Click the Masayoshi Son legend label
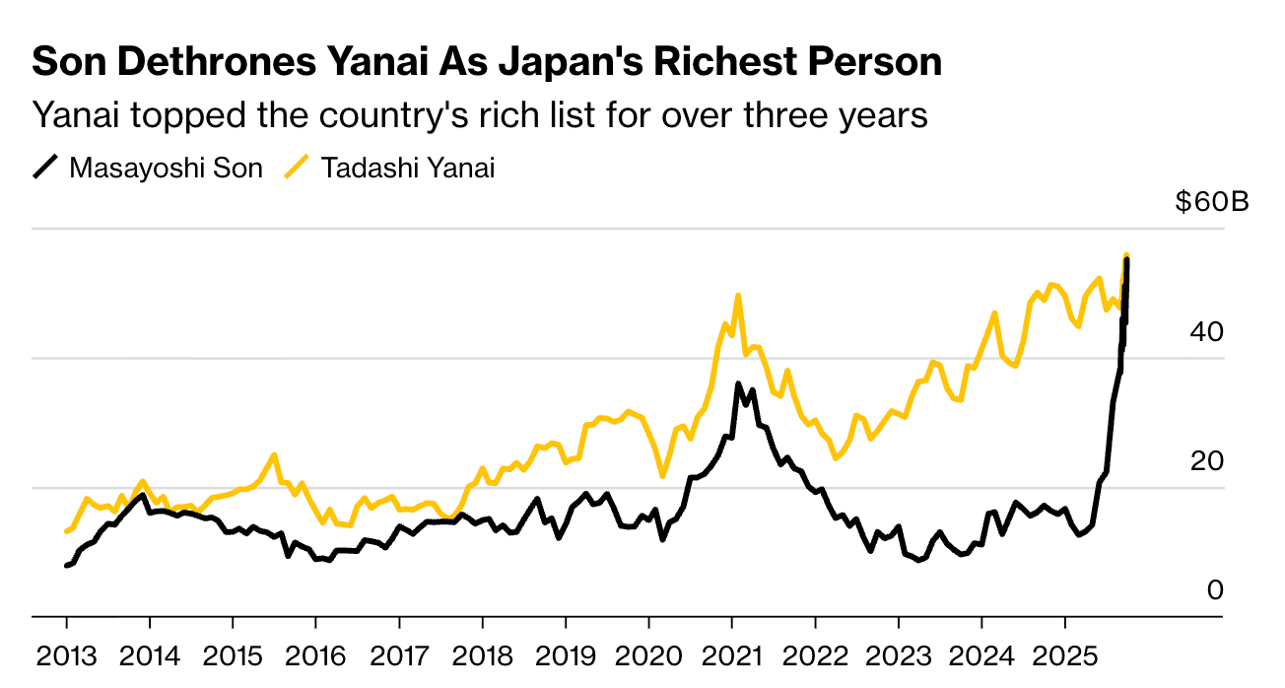point(166,168)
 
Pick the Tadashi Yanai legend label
point(408,168)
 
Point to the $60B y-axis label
point(1211,203)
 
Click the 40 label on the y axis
point(1207,332)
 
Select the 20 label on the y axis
point(1207,461)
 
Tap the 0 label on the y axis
point(1215,590)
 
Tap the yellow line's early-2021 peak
point(738,295)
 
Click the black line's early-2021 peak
point(738,384)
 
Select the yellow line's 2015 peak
point(274,454)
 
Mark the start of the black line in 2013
point(66,566)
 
